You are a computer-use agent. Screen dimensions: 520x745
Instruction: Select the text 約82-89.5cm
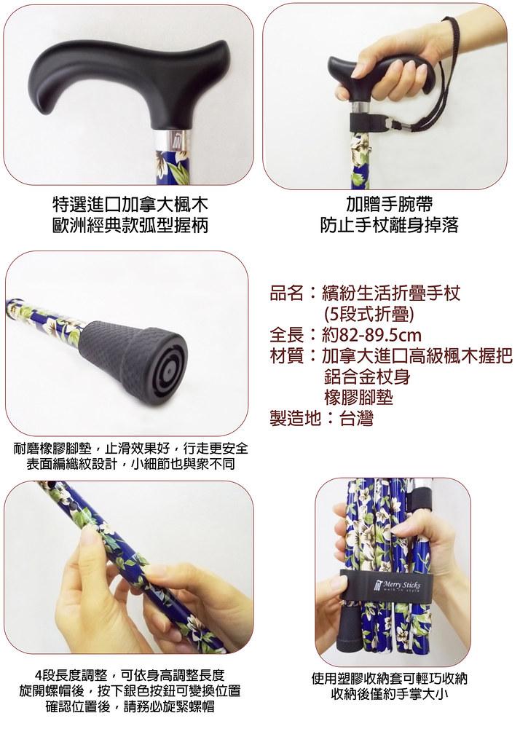point(371,334)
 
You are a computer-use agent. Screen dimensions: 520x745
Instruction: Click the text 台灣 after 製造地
point(356,418)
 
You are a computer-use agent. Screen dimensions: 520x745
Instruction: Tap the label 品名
point(287,293)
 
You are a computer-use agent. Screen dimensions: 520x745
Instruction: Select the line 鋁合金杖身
point(367,377)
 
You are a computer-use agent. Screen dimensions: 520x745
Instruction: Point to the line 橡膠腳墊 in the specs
point(358,397)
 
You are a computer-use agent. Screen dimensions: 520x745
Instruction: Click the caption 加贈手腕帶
point(389,205)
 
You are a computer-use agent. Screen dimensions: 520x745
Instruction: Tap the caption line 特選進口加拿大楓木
point(130,205)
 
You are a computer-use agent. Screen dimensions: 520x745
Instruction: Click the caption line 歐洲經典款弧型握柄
point(130,225)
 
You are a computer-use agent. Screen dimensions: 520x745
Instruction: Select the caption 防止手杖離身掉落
point(389,225)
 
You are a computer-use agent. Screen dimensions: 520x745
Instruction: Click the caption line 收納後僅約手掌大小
point(390,695)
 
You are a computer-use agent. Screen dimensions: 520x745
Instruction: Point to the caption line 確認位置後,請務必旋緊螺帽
point(130,706)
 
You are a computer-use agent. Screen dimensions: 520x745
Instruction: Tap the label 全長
point(287,334)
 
